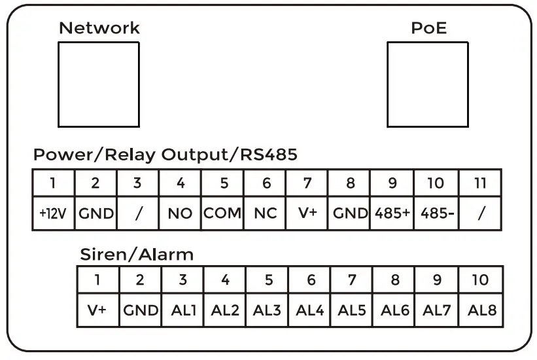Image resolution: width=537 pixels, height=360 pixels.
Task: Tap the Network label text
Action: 99,28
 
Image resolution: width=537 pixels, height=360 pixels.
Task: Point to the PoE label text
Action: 429,28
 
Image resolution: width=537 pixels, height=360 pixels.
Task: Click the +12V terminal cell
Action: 54,214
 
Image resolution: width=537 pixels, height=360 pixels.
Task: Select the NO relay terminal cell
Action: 180,214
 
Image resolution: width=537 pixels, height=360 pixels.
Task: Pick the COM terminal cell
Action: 222,214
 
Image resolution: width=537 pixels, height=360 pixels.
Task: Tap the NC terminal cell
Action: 265,214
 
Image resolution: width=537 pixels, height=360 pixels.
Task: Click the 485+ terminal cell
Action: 392,214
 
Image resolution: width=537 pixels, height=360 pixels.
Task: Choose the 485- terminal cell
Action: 434,214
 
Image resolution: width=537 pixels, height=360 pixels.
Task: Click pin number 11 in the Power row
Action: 480,183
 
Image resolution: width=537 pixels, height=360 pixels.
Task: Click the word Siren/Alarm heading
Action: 137,254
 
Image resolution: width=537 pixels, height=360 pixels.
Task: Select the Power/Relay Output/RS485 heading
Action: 165,156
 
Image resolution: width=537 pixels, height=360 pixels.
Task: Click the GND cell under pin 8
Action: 350,214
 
